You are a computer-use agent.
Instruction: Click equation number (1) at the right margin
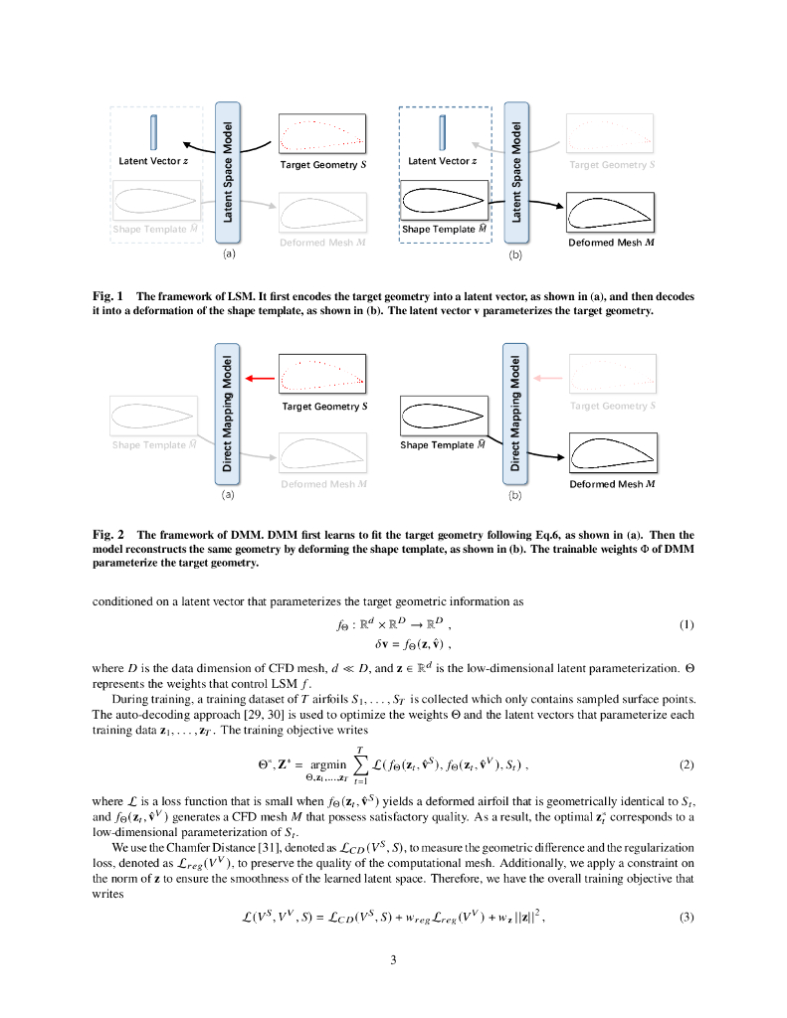point(686,625)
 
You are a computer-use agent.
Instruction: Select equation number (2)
point(686,765)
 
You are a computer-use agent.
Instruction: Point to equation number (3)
point(686,917)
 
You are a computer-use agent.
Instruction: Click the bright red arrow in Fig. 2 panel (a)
point(260,378)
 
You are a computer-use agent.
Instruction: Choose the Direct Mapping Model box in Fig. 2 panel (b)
point(515,410)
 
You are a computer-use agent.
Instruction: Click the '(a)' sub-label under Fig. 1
point(228,255)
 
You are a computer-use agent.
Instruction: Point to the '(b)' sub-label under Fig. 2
point(515,494)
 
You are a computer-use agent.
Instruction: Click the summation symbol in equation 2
point(369,764)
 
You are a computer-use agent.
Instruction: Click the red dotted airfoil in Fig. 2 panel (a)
point(323,375)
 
